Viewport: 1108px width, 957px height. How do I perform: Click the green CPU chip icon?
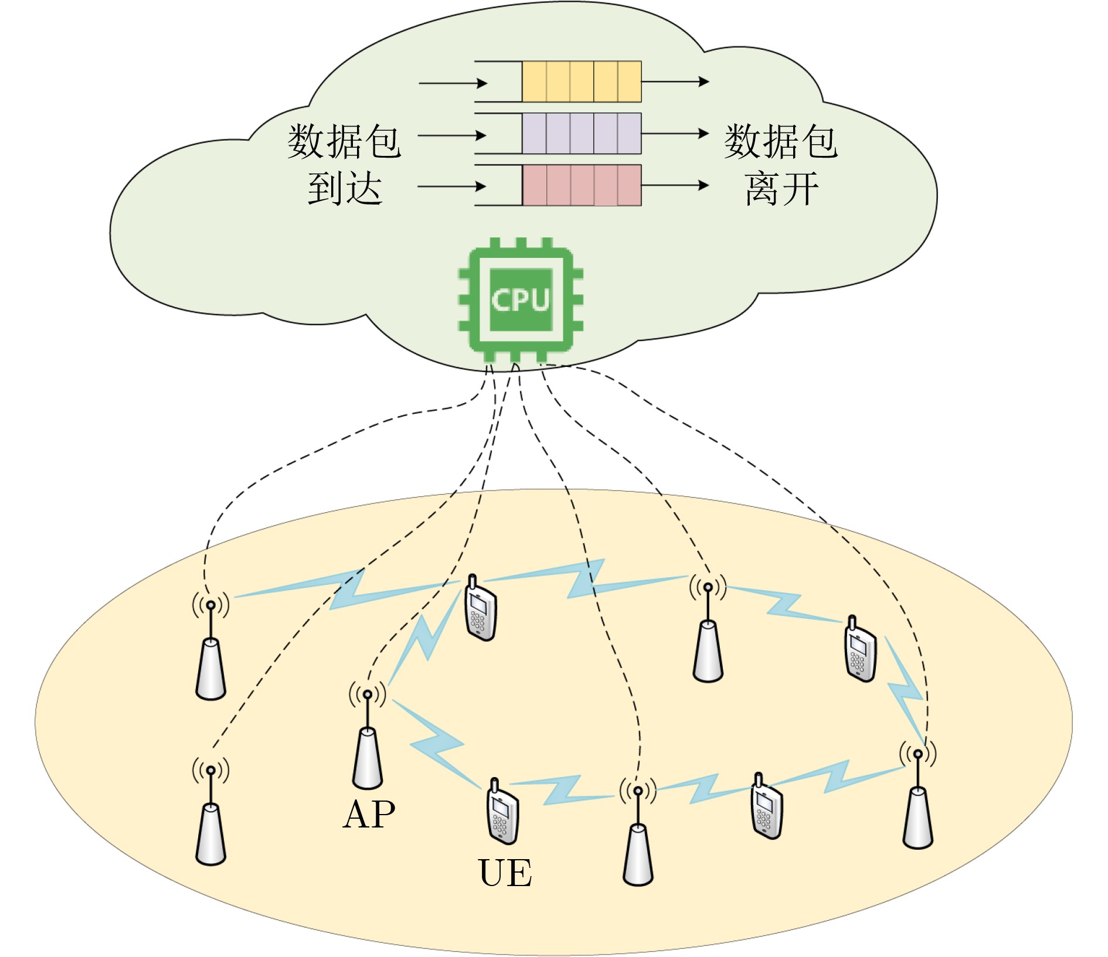point(521,299)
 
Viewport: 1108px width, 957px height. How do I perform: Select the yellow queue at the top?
point(581,81)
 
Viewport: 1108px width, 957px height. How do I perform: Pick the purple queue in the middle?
point(581,134)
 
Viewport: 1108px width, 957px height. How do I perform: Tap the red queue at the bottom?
point(581,185)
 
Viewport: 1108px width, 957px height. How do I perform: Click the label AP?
point(369,815)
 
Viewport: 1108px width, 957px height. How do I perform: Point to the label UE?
point(505,873)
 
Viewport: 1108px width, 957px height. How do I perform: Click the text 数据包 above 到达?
point(344,141)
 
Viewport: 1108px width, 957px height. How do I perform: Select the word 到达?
point(345,189)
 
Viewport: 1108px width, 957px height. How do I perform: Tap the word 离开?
point(781,189)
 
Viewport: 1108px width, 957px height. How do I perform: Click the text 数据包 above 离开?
point(781,141)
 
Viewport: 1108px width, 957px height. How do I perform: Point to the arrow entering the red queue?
point(452,187)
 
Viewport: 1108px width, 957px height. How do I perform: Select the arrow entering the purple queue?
point(452,135)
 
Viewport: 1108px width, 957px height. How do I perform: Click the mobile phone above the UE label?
point(502,812)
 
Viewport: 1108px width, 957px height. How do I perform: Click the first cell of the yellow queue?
point(534,81)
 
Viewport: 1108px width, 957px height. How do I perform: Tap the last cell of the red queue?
point(629,185)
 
